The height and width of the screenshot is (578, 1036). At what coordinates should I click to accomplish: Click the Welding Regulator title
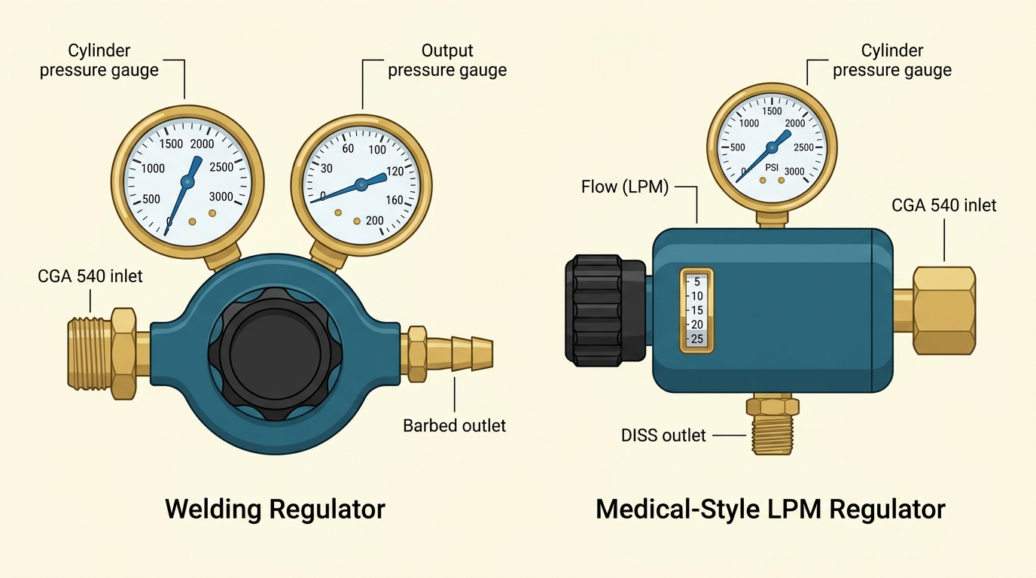click(x=275, y=510)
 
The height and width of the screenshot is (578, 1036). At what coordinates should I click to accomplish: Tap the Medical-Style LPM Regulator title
click(x=769, y=510)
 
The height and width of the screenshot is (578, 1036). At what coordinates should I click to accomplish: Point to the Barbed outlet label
click(x=454, y=425)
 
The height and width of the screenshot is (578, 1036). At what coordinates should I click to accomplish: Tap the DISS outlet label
click(x=663, y=435)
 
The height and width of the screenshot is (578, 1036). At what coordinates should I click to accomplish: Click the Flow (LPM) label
click(x=625, y=187)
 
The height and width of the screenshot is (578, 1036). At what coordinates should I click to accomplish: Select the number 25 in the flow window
click(x=697, y=339)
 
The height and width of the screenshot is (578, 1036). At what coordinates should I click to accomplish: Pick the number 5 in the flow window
click(x=697, y=282)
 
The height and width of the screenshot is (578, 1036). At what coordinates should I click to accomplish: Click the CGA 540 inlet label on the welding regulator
click(x=90, y=276)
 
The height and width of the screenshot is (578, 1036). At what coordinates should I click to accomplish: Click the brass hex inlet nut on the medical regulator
click(x=944, y=310)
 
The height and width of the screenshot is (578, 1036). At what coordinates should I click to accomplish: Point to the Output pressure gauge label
click(x=447, y=60)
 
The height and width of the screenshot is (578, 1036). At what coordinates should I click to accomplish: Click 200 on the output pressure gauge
click(x=374, y=221)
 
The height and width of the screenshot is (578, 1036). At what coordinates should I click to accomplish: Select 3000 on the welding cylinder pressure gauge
click(x=221, y=197)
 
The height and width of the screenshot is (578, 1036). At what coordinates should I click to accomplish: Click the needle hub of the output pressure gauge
click(x=361, y=184)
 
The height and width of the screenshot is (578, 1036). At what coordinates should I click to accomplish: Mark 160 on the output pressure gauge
click(x=395, y=200)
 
